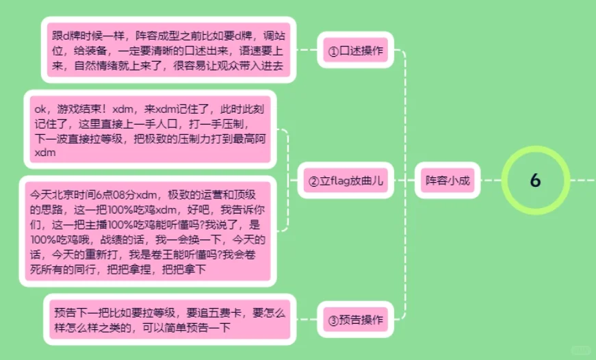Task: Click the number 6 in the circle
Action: pos(535,180)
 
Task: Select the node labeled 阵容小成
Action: pos(448,181)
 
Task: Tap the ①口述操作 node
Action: pos(355,51)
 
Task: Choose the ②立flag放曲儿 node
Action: pos(345,181)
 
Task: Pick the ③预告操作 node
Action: pos(355,319)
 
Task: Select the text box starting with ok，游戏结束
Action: pos(150,131)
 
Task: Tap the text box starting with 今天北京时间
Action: pos(150,229)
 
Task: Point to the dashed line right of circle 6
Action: pos(582,181)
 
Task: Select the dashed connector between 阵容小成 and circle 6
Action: pos(491,181)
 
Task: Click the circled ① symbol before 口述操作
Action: pos(333,51)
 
